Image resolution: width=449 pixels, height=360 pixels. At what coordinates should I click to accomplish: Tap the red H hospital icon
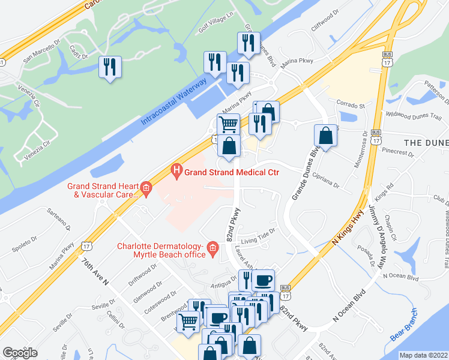click(x=176, y=172)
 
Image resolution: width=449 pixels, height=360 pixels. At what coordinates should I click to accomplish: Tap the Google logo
click(x=20, y=353)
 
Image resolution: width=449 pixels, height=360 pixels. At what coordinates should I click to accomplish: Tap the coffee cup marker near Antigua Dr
click(x=263, y=280)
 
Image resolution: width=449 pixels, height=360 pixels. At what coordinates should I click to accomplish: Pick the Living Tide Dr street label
click(x=258, y=233)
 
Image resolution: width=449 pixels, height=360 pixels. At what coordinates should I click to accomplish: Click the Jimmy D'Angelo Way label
click(x=381, y=226)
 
